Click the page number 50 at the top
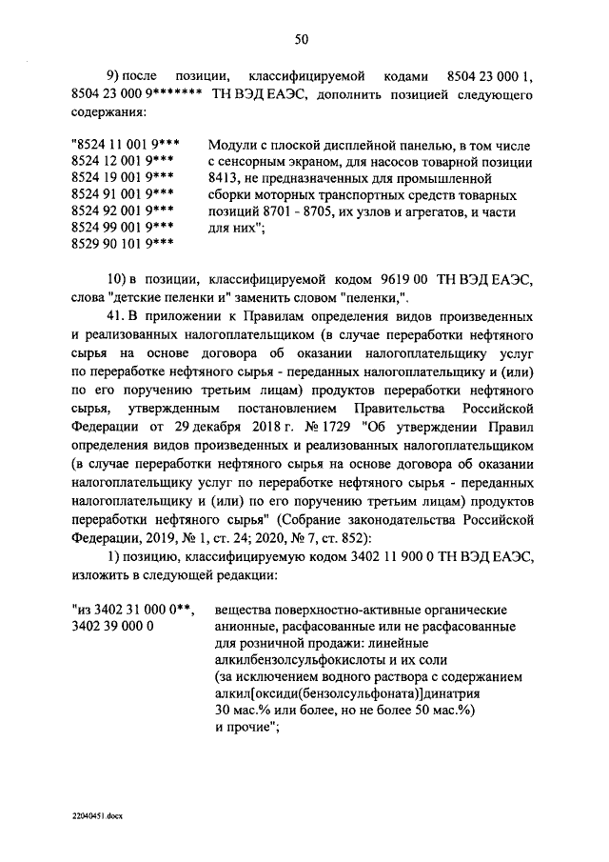click(302, 39)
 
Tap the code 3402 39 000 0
click(113, 628)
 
